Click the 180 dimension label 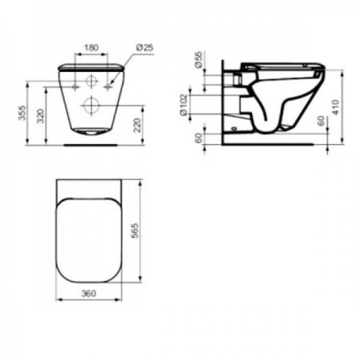click(91, 48)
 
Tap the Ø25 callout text click(145, 48)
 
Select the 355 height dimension click(22, 113)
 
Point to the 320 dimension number click(40, 116)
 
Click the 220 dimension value click(137, 125)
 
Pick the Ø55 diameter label click(199, 59)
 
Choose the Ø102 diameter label click(184, 104)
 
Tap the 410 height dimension click(335, 107)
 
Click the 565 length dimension click(136, 231)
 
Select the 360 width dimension click(89, 293)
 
